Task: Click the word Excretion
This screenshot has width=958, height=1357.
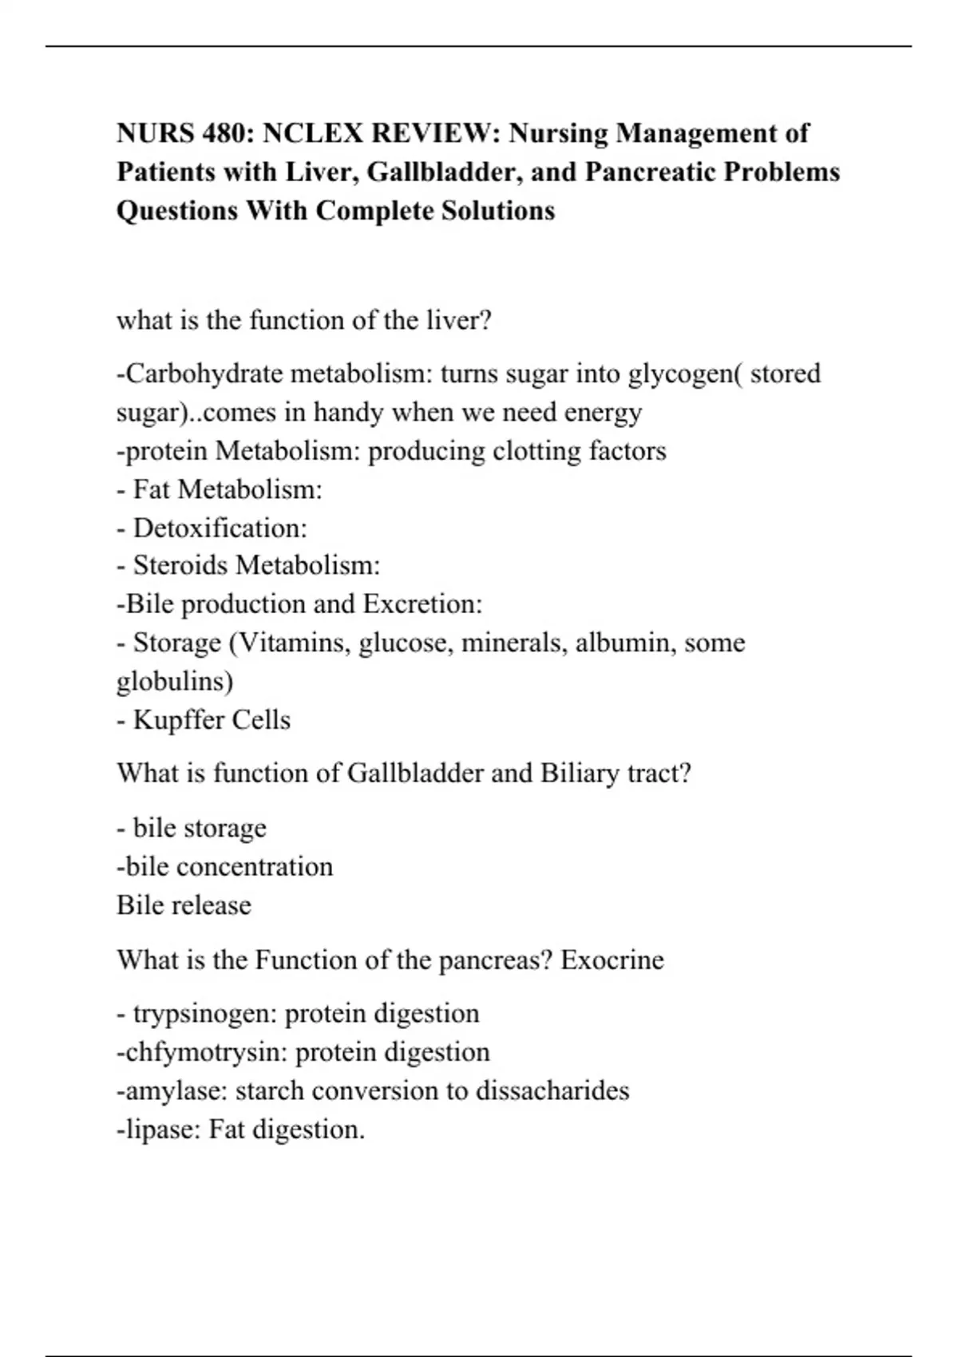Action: (x=422, y=604)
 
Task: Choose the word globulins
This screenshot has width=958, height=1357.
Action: (x=175, y=681)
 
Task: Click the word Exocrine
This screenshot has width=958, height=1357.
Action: (x=612, y=959)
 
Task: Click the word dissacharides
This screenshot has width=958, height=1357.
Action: (x=552, y=1090)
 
